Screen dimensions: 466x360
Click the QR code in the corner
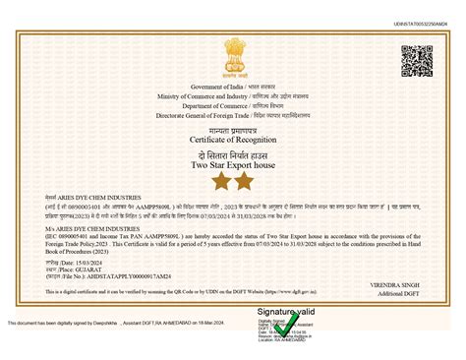(x=417, y=62)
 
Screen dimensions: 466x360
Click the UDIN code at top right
(x=424, y=23)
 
